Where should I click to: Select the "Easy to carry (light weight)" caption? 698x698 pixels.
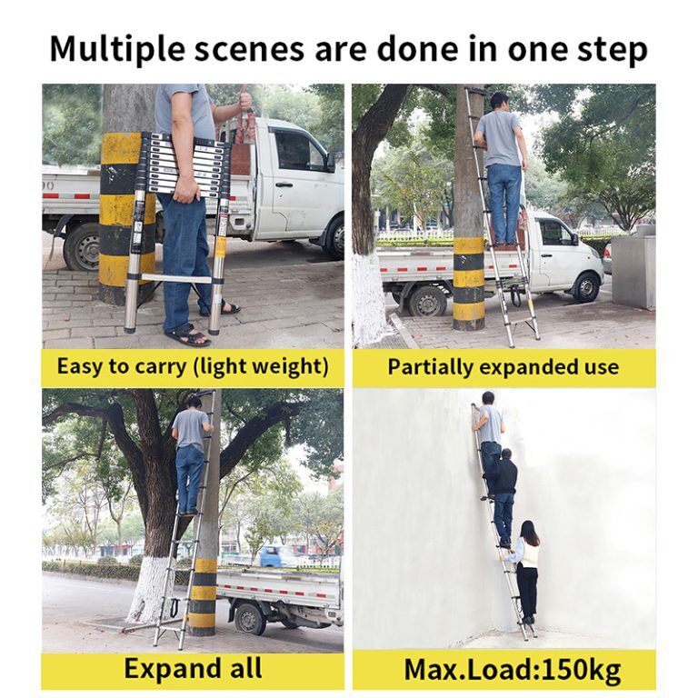[193, 367]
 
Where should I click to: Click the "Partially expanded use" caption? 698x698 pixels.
[503, 367]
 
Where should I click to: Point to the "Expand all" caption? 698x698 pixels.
[193, 669]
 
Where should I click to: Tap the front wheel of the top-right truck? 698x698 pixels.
[583, 286]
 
